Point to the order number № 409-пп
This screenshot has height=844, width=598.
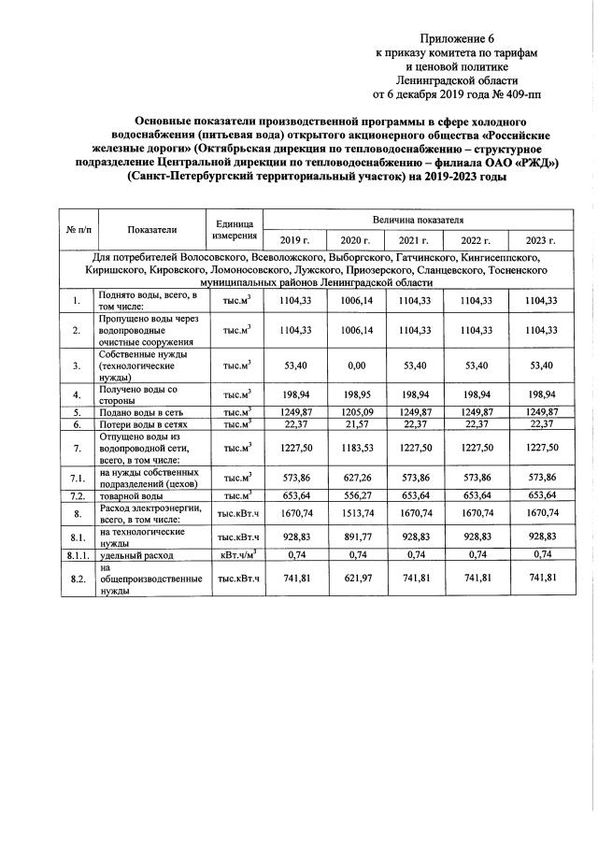pos(511,94)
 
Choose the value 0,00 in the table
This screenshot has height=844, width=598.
pos(355,364)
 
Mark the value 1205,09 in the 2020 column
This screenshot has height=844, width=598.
pos(355,412)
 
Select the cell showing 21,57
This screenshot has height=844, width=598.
pos(355,425)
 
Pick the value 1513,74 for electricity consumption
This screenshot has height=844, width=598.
pos(355,513)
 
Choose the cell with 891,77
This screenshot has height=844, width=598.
pos(355,537)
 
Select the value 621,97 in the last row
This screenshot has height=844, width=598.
pos(355,579)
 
